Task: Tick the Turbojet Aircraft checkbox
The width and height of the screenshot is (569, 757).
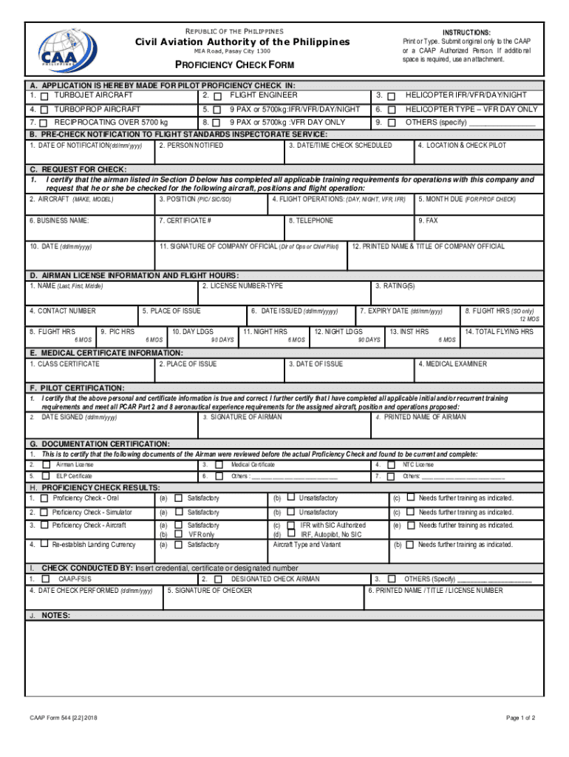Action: pyautogui.click(x=45, y=96)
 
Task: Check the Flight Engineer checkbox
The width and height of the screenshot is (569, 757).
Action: pyautogui.click(x=217, y=96)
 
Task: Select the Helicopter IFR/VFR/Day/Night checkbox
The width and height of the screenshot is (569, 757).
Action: pyautogui.click(x=391, y=96)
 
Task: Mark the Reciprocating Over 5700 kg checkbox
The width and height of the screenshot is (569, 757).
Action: pyautogui.click(x=45, y=123)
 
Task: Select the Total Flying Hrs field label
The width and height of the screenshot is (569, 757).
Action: pyautogui.click(x=499, y=332)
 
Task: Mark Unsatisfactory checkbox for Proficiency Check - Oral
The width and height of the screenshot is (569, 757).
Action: pyautogui.click(x=291, y=498)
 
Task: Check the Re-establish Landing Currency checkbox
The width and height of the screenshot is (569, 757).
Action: pyautogui.click(x=45, y=546)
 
